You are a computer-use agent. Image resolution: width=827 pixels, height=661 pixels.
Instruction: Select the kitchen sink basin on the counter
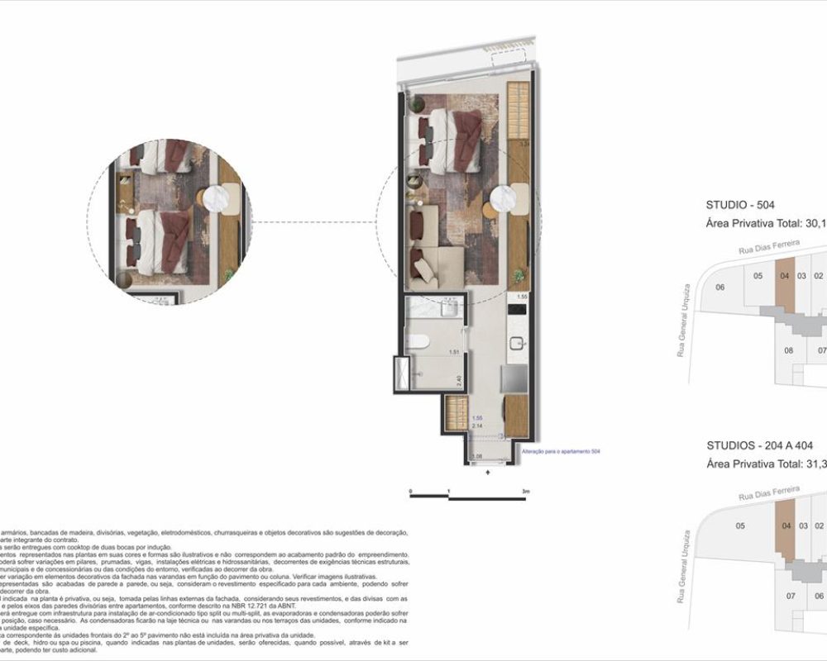point(518,344)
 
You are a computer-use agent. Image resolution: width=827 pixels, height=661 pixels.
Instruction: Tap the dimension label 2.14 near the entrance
point(477,426)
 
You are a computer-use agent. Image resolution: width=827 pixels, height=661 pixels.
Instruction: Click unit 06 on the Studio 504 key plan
point(720,287)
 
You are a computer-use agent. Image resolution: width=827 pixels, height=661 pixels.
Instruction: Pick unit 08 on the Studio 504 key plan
point(789,350)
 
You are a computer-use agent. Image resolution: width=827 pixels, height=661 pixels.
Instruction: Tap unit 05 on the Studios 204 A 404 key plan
point(740,525)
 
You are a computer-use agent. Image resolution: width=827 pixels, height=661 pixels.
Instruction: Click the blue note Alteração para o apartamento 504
point(561,451)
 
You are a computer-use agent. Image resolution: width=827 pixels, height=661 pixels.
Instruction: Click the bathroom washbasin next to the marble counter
point(450,309)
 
